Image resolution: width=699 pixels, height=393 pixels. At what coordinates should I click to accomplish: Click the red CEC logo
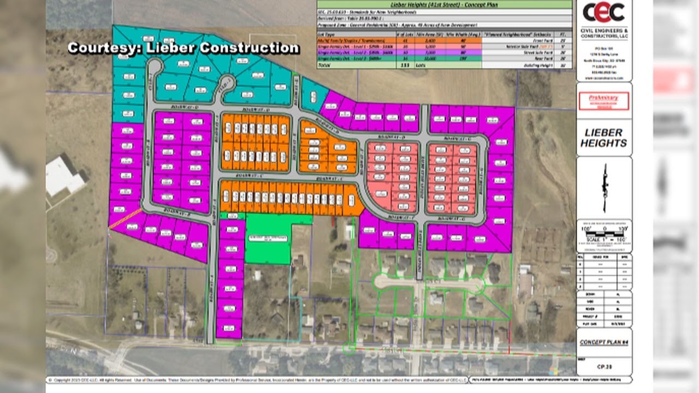pos(603,12)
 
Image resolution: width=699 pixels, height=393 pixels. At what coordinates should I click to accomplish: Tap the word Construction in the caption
pos(249,48)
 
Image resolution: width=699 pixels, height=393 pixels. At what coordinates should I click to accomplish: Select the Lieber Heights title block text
pos(603,138)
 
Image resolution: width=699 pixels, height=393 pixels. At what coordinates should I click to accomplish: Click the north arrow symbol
pos(604,187)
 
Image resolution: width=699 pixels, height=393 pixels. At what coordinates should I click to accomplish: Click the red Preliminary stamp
pos(603,100)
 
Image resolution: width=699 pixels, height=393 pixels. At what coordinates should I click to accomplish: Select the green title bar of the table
pos(445,4)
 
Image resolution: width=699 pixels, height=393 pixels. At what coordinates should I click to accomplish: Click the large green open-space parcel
pos(269,241)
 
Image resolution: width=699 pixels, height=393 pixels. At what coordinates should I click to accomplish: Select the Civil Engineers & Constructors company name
pos(603,33)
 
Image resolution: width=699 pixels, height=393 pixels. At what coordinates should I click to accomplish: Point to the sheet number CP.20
pos(603,367)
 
